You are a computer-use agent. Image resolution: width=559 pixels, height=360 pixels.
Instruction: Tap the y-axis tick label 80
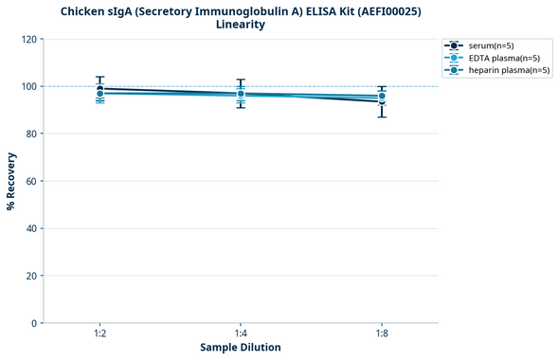pyautogui.click(x=30, y=134)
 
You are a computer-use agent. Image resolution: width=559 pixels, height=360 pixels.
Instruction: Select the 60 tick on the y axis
pyautogui.click(x=30, y=181)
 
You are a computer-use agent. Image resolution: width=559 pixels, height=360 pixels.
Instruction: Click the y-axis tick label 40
pyautogui.click(x=30, y=228)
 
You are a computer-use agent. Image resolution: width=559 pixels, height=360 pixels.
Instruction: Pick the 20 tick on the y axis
pyautogui.click(x=30, y=276)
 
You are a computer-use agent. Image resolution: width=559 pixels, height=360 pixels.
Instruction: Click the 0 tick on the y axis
pyautogui.click(x=33, y=323)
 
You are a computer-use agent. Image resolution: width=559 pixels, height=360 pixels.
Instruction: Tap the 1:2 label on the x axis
pyautogui.click(x=99, y=333)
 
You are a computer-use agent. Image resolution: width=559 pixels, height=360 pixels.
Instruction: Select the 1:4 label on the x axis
pyautogui.click(x=241, y=333)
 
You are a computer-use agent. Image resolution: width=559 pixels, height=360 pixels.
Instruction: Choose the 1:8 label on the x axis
pyautogui.click(x=381, y=333)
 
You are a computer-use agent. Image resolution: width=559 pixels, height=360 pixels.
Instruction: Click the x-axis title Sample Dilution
pyautogui.click(x=241, y=348)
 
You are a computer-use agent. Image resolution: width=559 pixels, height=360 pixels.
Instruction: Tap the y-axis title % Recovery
pyautogui.click(x=11, y=181)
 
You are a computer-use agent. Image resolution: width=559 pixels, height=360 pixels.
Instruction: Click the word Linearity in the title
pyautogui.click(x=241, y=24)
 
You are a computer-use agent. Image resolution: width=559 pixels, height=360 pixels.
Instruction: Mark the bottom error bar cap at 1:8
pyautogui.click(x=381, y=117)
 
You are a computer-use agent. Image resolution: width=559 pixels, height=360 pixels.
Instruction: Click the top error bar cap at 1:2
pyautogui.click(x=99, y=77)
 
